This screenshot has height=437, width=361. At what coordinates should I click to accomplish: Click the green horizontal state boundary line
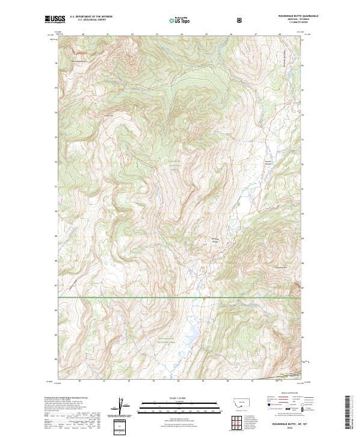click(180, 297)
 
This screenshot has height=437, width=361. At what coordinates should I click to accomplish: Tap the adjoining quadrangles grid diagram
click(240, 423)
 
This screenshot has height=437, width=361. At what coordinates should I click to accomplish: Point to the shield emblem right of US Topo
click(240, 20)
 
